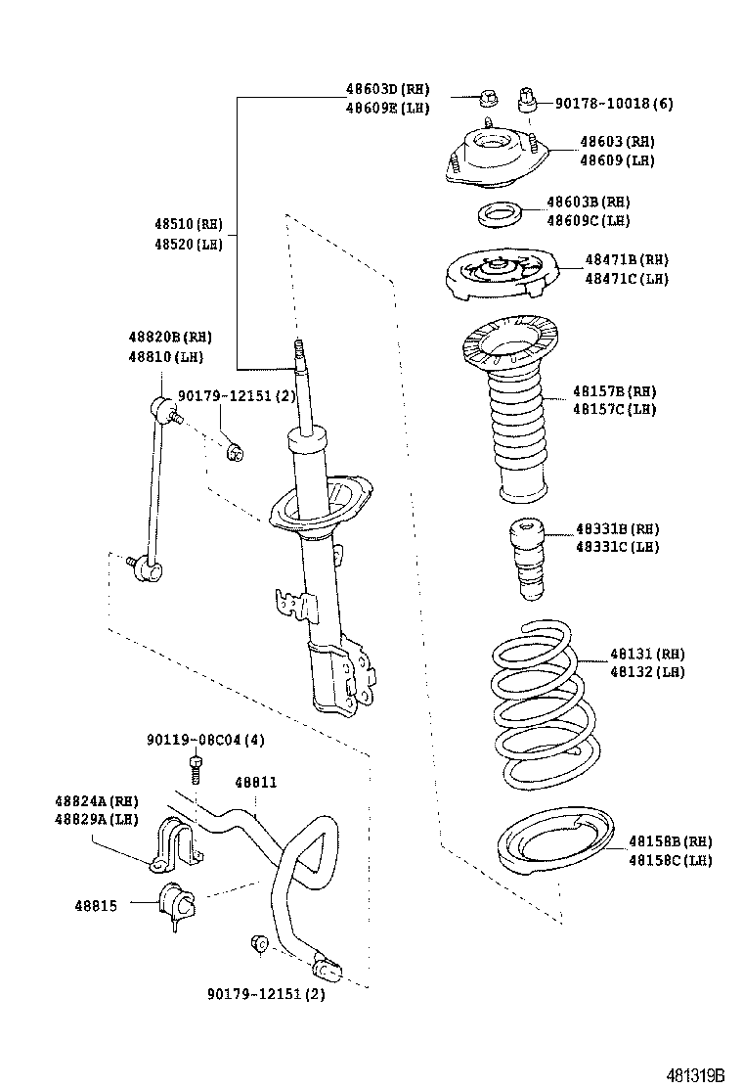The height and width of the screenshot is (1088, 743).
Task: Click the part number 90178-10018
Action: tap(614, 103)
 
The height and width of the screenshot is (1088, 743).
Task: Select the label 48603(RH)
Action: tap(617, 142)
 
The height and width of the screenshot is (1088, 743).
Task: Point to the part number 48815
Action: tap(96, 906)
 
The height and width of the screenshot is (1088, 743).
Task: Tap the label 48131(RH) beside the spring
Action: tap(647, 654)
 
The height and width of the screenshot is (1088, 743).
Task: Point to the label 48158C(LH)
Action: tap(670, 860)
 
